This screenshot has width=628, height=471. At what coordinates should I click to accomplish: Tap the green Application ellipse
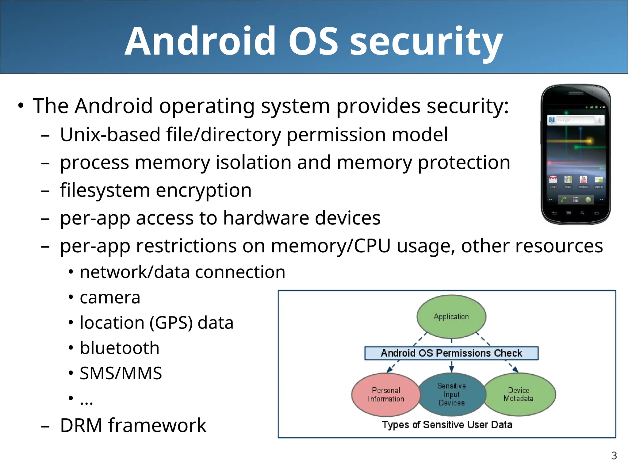[x=451, y=316]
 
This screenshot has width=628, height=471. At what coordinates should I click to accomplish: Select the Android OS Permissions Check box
[x=451, y=353]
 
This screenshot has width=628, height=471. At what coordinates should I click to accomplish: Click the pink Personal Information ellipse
[x=386, y=394]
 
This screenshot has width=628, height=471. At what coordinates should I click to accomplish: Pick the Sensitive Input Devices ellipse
[x=451, y=394]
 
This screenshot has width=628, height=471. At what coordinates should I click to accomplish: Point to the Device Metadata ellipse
[x=519, y=394]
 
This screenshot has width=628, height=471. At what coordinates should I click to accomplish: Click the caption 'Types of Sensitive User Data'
[x=447, y=425]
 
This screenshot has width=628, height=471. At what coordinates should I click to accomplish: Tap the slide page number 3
[x=614, y=456]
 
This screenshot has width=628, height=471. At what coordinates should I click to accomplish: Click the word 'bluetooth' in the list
[x=120, y=348]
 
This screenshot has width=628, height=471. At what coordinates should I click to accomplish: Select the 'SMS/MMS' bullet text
[x=121, y=373]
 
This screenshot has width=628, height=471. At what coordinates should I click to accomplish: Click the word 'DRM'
[x=81, y=426]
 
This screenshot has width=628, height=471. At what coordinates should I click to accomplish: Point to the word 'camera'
[x=110, y=297]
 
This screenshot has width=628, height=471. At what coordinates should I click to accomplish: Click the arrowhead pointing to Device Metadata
[x=515, y=370]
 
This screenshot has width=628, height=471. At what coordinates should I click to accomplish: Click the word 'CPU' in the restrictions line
[x=372, y=246]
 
